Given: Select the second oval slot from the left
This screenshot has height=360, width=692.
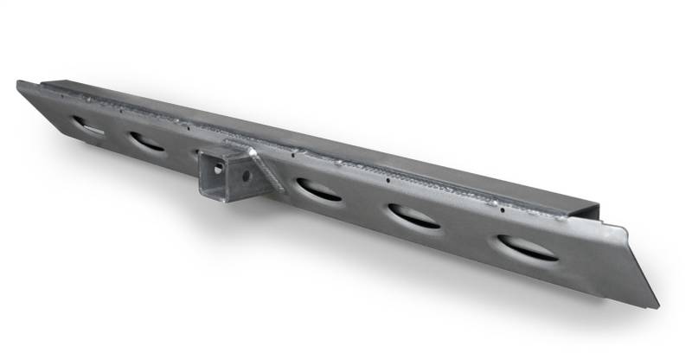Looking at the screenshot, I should pyautogui.click(x=146, y=141).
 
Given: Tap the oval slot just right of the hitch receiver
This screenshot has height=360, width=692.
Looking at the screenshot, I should pyautogui.click(x=317, y=190).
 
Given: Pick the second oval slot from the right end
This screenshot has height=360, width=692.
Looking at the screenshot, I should pyautogui.click(x=413, y=216).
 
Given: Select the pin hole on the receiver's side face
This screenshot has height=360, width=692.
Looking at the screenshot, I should pyautogui.click(x=246, y=175).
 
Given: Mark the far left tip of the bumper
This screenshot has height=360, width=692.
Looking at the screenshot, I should pyautogui.click(x=18, y=83).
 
